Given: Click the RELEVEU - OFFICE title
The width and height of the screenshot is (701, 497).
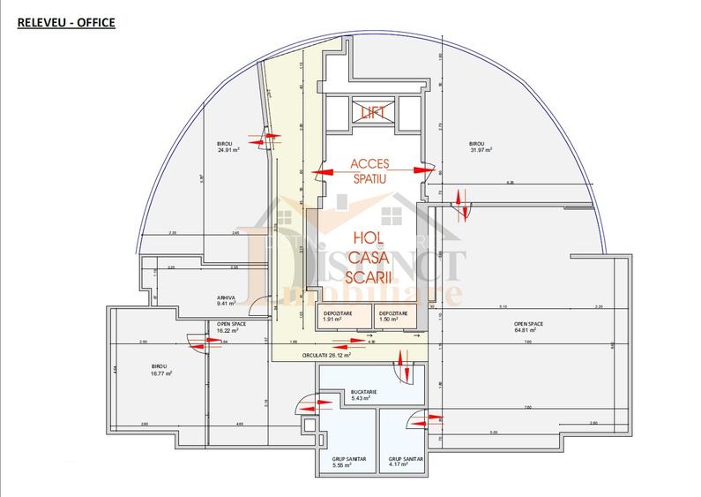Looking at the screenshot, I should click(66, 22).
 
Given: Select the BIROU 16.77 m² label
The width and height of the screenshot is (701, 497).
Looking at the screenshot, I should click(159, 370).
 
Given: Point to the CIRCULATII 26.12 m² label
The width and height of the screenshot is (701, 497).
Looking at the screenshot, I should click(326, 355).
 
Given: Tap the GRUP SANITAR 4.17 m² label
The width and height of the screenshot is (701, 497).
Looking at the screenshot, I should click(405, 463).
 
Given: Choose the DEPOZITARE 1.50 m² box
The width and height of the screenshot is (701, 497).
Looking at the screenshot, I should click(393, 316).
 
